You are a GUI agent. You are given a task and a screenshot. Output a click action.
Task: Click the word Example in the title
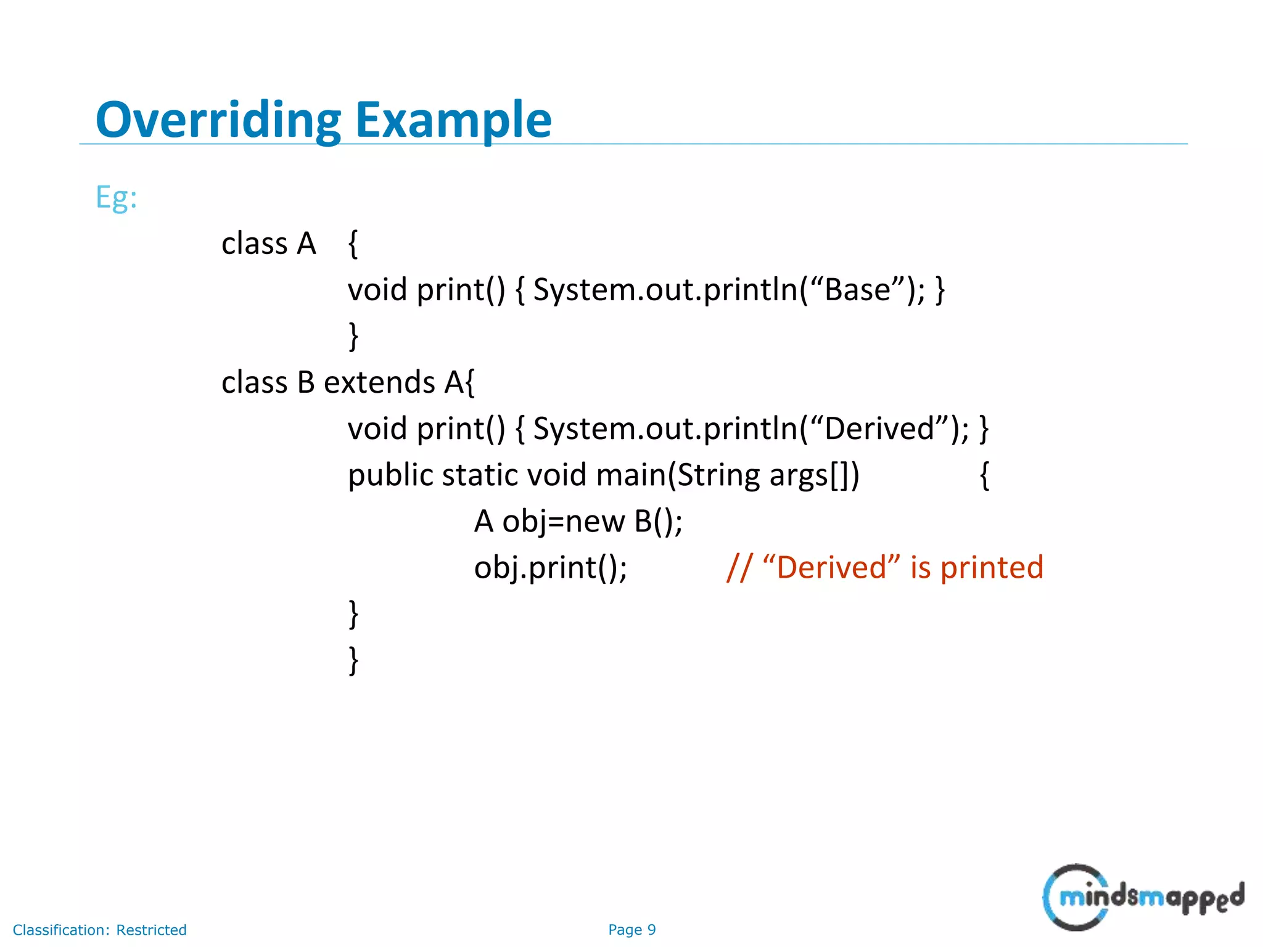point(453,120)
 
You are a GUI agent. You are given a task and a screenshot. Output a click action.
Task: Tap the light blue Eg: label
point(116,198)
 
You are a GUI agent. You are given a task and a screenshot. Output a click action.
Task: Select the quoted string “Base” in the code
point(858,290)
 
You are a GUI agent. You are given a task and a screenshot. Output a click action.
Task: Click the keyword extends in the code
point(379,382)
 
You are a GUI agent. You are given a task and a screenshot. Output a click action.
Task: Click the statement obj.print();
point(550,568)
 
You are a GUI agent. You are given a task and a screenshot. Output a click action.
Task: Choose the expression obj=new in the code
point(563,522)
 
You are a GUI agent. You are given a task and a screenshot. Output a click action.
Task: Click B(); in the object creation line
point(658,522)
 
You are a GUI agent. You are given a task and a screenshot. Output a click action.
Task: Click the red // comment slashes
point(739,568)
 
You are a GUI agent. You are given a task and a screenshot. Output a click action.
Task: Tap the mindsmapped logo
point(1143,897)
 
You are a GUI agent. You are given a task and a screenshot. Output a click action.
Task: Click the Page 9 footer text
point(631,930)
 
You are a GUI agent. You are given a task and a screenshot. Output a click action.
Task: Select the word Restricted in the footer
point(151,930)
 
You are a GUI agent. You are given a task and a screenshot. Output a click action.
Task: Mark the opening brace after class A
point(353,244)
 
